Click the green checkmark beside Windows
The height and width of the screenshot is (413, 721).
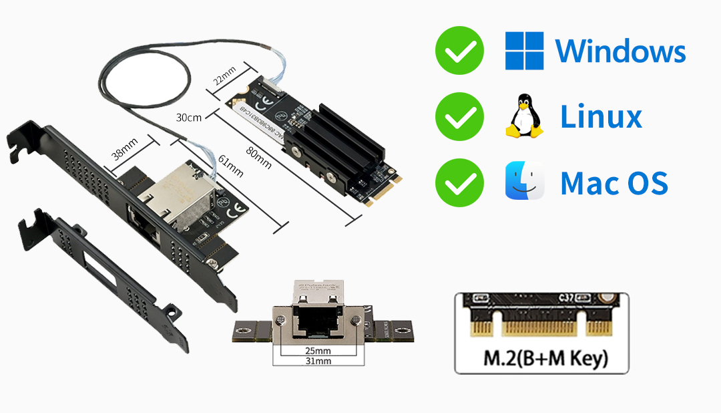[x=459, y=50]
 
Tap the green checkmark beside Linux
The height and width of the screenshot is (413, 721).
[x=459, y=117]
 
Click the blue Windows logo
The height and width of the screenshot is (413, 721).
[x=524, y=51]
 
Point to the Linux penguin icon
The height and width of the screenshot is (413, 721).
[x=525, y=117]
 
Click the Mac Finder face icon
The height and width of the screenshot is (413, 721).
[x=524, y=182]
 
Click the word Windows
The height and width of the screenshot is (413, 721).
[x=620, y=51]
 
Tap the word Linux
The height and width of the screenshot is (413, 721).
[x=601, y=117]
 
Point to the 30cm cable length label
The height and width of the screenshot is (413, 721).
[x=188, y=118]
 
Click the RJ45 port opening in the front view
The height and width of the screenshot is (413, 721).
[x=314, y=323]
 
